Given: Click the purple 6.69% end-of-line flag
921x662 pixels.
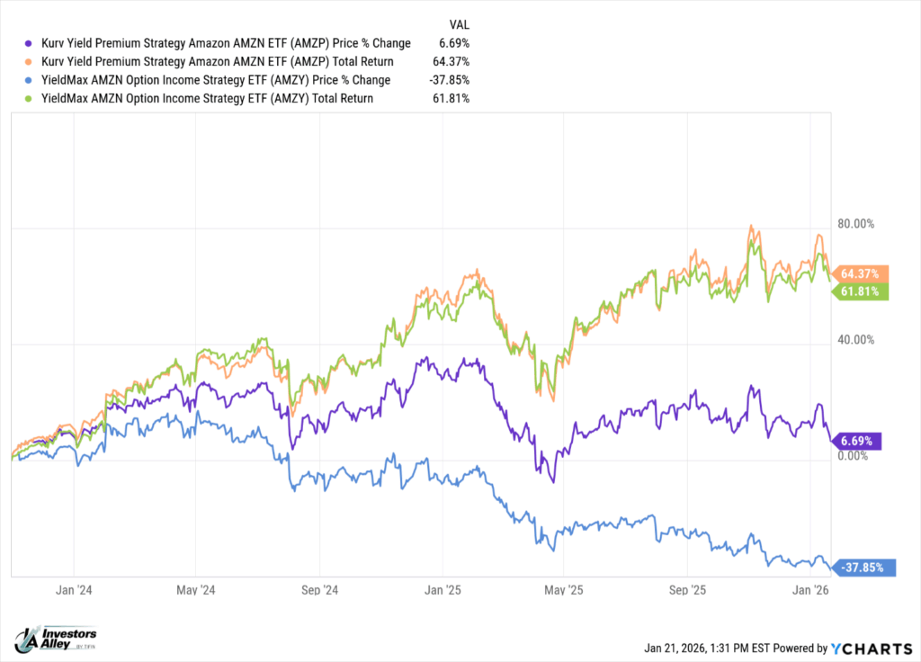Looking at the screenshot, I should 860,441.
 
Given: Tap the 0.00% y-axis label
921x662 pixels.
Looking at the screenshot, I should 854,455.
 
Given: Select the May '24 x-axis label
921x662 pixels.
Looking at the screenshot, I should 196,590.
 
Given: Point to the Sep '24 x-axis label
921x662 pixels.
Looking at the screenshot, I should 318,590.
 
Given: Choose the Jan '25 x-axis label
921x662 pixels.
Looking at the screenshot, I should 442,590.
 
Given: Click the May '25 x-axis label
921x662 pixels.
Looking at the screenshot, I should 563,590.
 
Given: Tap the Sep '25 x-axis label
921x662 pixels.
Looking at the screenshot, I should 686,590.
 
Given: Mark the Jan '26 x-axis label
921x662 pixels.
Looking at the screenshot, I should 809,590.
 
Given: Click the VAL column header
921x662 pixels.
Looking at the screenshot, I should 459,25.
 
